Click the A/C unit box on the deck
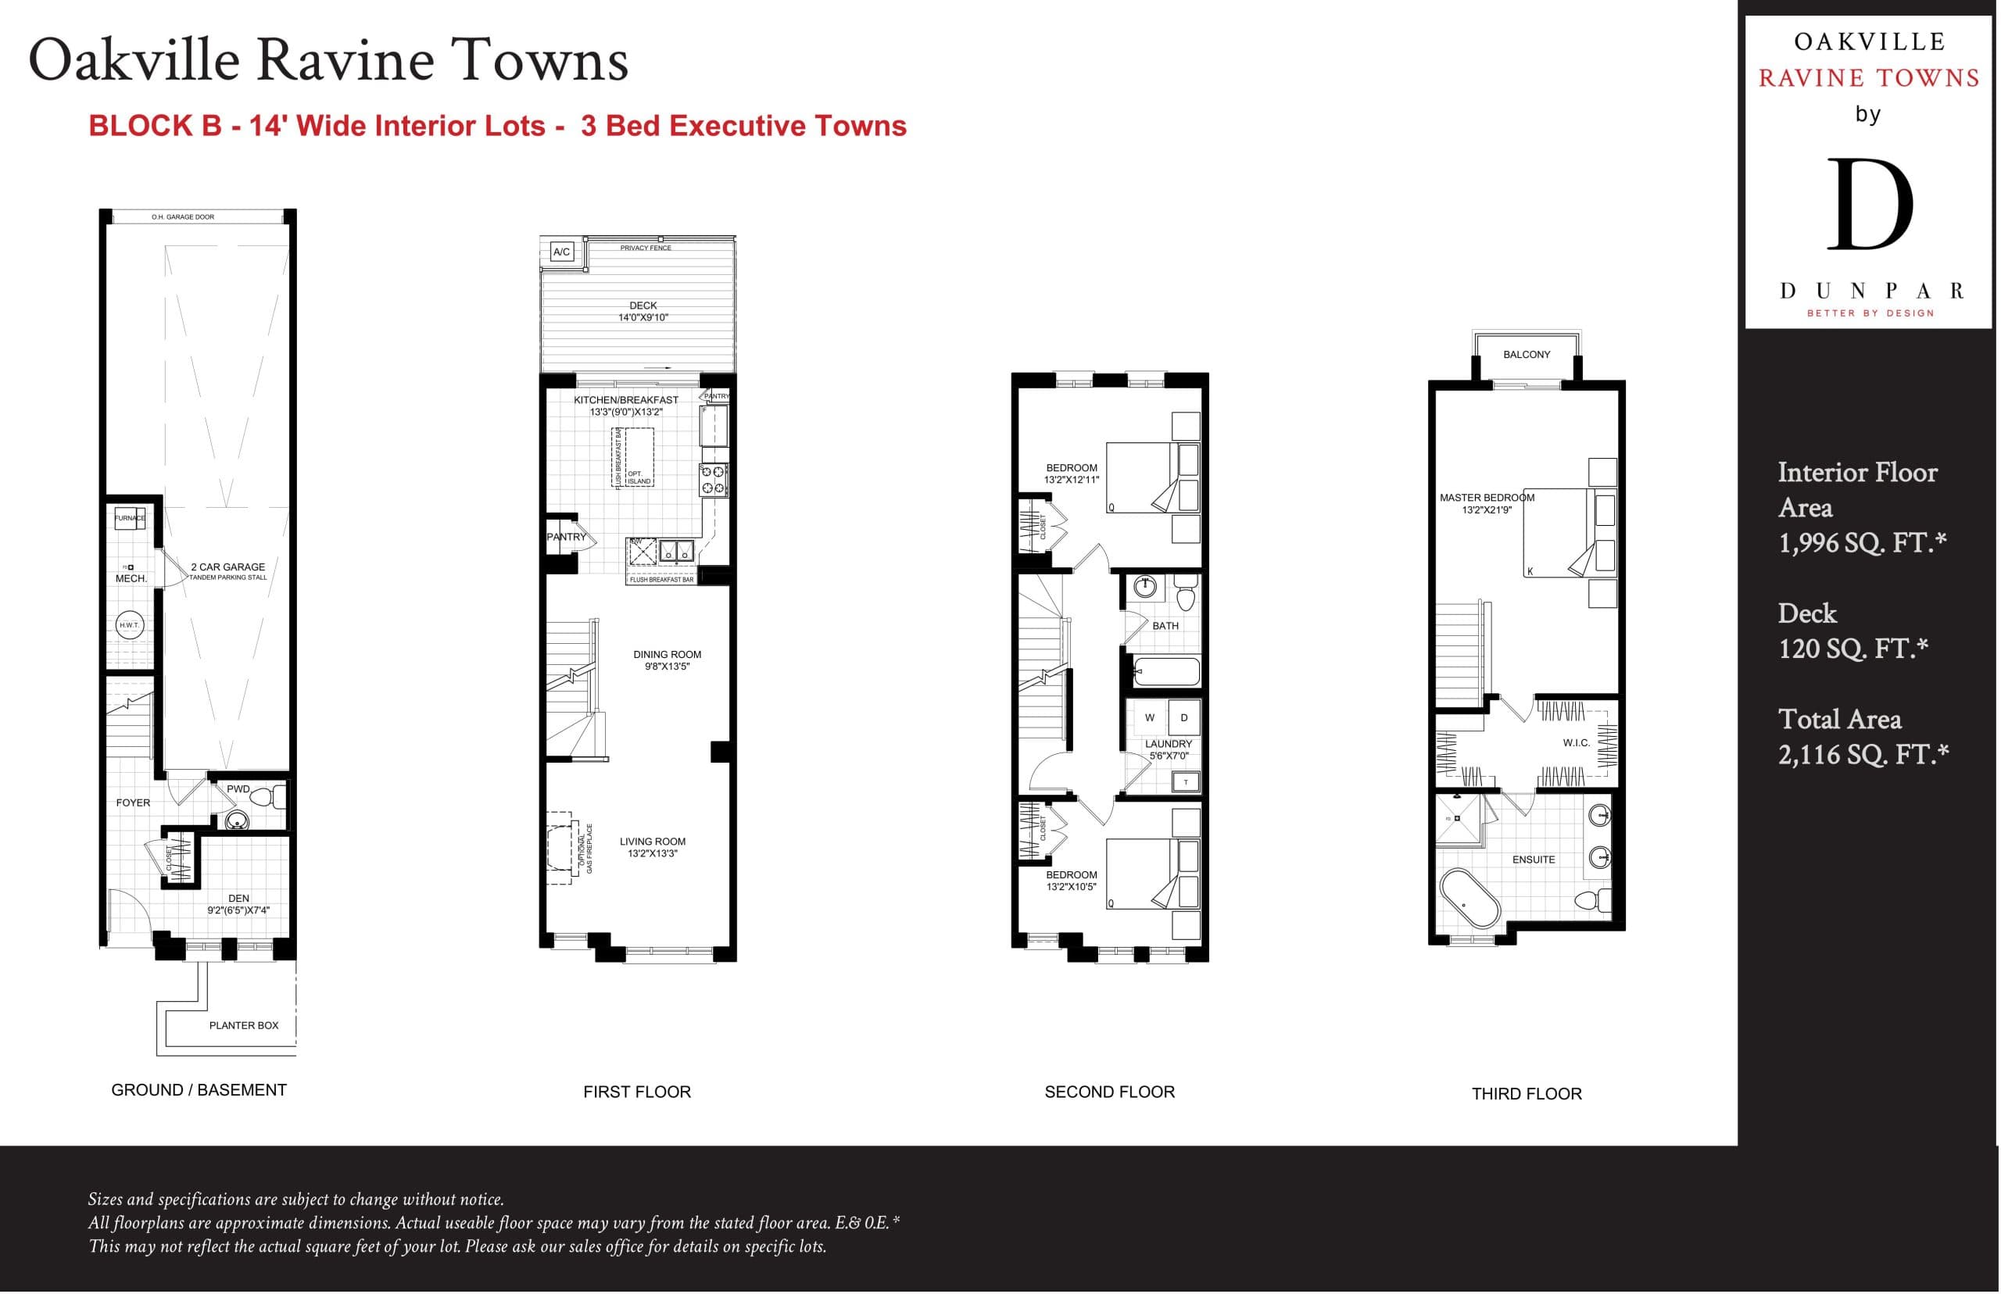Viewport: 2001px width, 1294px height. [x=561, y=252]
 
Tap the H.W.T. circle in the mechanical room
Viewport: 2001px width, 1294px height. [x=129, y=625]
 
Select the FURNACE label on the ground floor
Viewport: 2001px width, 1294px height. [x=130, y=517]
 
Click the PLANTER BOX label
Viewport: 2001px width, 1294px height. [x=244, y=1025]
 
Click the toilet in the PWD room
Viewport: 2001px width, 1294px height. [x=267, y=795]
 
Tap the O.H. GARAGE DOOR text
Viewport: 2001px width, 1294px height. [x=182, y=216]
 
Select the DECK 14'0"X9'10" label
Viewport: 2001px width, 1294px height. [x=643, y=311]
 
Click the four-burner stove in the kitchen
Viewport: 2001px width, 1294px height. [x=714, y=479]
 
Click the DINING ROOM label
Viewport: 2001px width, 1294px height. [x=668, y=660]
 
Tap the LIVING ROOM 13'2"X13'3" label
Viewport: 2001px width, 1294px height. [x=652, y=847]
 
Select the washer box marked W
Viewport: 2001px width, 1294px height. [x=1149, y=717]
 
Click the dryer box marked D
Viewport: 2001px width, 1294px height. [x=1183, y=717]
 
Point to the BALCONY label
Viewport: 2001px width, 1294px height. [x=1527, y=355]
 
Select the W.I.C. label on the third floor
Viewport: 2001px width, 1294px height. [x=1576, y=743]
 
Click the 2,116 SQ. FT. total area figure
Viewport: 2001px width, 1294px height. [x=1863, y=755]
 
